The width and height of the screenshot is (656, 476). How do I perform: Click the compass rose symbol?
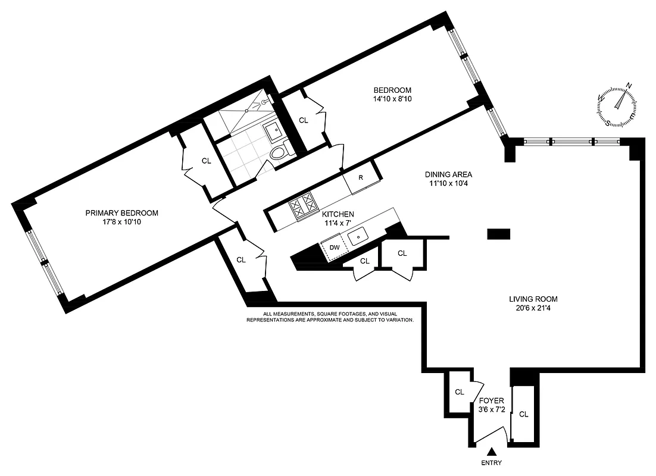point(618,105)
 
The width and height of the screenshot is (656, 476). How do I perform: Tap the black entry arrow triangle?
point(492,453)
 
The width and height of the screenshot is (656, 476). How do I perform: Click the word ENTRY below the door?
point(492,464)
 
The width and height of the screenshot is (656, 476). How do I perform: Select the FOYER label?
point(491,400)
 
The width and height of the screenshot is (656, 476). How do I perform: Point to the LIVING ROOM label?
point(533,299)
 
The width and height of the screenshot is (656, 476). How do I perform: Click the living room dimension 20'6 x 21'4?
point(533,308)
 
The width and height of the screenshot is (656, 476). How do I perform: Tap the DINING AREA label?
point(448,174)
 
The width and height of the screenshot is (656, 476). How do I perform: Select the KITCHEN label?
point(338,214)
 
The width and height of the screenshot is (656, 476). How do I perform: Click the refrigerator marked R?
point(361,178)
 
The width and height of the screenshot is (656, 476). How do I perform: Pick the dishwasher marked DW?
point(335,247)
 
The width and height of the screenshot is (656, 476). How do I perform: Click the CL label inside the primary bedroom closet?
point(206,160)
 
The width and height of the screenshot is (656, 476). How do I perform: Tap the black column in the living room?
point(498,234)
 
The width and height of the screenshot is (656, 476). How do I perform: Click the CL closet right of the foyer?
point(523,415)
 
